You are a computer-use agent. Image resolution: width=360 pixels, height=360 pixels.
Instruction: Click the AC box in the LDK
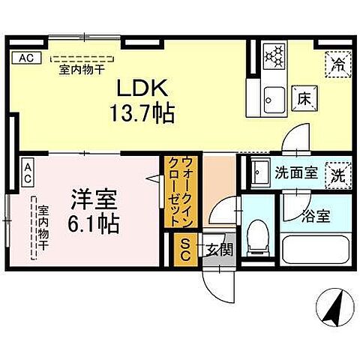(x=24, y=58)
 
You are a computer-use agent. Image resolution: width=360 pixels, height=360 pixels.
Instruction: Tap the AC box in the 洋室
(x=27, y=174)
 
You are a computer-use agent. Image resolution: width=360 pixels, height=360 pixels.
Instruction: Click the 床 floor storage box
(x=301, y=95)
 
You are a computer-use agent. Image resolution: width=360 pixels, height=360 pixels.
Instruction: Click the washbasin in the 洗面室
(x=259, y=174)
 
